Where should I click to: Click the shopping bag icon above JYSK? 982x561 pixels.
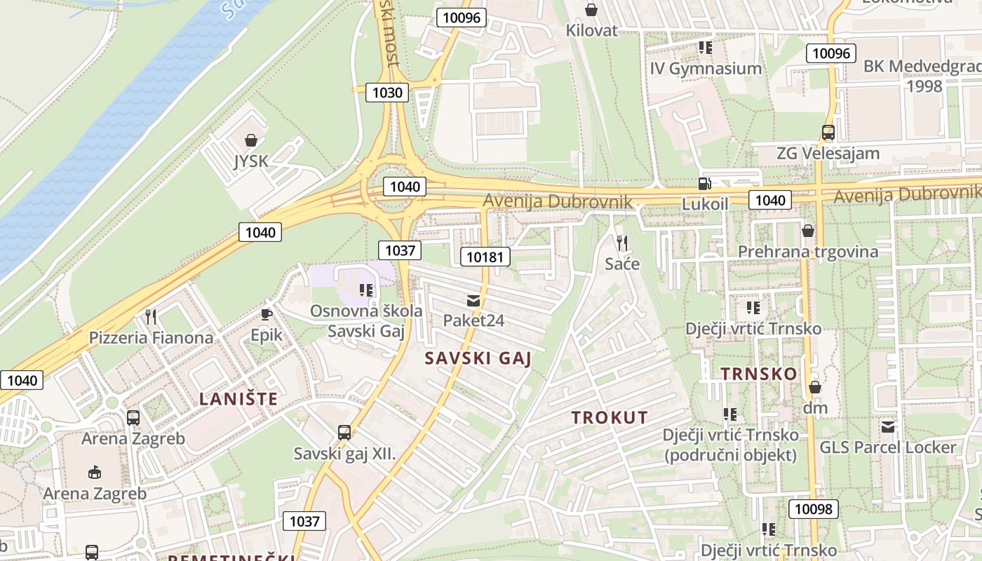click(x=251, y=140)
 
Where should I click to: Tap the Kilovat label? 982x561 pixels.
click(x=592, y=30)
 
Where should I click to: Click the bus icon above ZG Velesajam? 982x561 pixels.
click(x=828, y=132)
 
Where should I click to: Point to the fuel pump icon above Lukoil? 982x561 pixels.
click(x=704, y=184)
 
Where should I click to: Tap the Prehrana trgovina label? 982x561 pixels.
click(x=807, y=252)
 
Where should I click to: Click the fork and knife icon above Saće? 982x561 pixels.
click(x=622, y=243)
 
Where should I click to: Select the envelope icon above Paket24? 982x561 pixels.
click(x=473, y=301)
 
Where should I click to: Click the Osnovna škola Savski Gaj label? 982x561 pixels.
click(x=366, y=321)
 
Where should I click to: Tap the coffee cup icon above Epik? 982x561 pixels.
click(x=267, y=314)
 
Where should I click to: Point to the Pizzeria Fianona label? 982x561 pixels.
click(x=151, y=337)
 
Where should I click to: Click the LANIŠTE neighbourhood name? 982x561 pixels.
click(x=238, y=399)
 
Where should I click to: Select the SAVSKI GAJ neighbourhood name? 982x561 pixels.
click(x=478, y=358)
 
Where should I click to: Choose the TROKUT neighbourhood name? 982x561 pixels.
click(x=610, y=417)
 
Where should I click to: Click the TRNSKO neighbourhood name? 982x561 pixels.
click(x=759, y=374)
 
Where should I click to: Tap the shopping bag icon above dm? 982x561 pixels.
click(x=815, y=387)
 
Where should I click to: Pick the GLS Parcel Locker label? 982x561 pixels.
click(x=888, y=447)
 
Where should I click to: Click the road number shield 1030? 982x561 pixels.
click(x=387, y=92)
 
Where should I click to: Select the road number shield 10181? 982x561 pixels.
click(x=485, y=257)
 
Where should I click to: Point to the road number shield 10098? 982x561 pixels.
click(x=814, y=509)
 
